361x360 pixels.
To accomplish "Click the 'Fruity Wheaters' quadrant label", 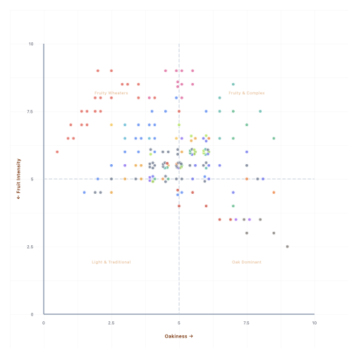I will [x=111, y=93].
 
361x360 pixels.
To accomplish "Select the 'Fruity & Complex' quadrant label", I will [x=247, y=93].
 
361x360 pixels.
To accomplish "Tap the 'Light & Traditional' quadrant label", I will [x=111, y=262].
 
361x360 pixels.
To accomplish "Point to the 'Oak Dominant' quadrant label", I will [x=247, y=262].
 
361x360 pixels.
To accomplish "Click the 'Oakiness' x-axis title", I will [x=178, y=336].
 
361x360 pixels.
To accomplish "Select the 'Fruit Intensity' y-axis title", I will [x=20, y=179].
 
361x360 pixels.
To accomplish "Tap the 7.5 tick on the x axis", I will [x=247, y=323].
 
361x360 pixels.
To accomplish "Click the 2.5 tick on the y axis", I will [x=30, y=247].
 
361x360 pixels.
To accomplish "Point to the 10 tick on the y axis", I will [x=30, y=44].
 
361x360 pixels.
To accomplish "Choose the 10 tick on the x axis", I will [x=314, y=323].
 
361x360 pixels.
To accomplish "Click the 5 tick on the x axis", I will [x=179, y=323].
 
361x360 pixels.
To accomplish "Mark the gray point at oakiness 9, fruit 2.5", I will [x=287, y=247].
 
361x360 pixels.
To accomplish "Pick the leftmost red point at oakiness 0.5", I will [x=57, y=151].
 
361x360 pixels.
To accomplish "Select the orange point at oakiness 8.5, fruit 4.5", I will [x=274, y=192].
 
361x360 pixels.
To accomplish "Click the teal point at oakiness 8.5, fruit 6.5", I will [x=274, y=138].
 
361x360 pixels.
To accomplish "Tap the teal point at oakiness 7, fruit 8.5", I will [x=233, y=85].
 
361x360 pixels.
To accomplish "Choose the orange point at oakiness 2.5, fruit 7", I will [x=111, y=125].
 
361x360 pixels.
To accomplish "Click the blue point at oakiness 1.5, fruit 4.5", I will [x=85, y=192].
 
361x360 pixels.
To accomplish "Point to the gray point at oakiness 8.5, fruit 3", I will [x=274, y=233].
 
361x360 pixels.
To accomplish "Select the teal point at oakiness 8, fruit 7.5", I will [x=260, y=111].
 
